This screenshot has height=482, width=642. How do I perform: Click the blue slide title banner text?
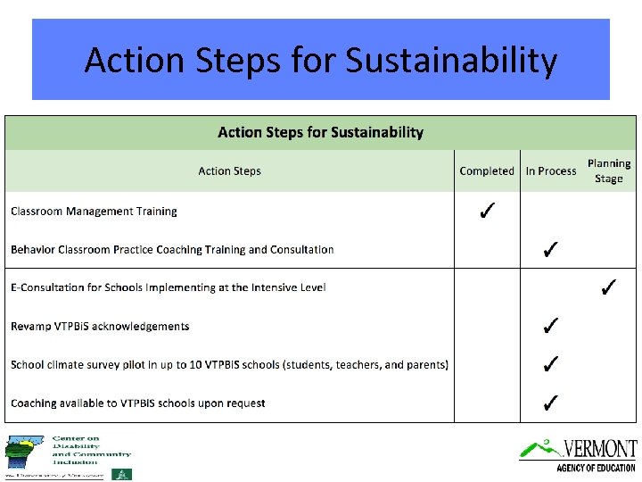(321, 61)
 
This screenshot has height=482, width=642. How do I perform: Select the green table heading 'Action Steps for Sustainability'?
(321, 133)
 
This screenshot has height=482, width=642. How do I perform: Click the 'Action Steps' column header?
(229, 171)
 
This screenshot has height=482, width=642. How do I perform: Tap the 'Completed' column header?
(487, 171)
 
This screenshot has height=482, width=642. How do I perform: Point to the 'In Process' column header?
(551, 171)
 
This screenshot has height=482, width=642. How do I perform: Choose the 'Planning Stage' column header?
(609, 171)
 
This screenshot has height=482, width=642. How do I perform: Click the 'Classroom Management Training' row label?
(94, 212)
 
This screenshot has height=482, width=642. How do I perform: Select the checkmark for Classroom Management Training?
(487, 212)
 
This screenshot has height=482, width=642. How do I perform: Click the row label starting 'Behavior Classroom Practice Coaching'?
(172, 250)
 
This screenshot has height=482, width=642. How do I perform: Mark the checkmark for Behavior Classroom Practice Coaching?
(551, 249)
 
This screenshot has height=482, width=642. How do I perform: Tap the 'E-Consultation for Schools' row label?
(169, 287)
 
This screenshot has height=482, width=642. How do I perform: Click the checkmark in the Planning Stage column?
(609, 287)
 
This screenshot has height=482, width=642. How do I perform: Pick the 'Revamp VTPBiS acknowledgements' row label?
(100, 327)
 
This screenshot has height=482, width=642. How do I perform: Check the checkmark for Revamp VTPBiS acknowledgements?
(551, 326)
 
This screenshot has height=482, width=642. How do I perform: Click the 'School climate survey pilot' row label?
(229, 365)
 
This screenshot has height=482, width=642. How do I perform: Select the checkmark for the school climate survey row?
(551, 364)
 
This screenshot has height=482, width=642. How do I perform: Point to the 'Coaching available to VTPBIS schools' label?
(138, 403)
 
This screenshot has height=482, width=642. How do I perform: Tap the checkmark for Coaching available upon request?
(551, 403)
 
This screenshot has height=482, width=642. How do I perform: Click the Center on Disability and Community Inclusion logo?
(68, 456)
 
